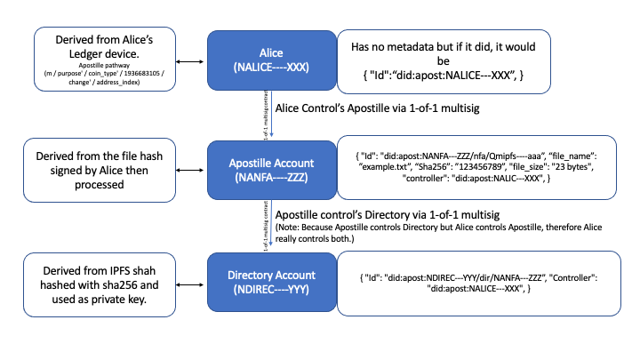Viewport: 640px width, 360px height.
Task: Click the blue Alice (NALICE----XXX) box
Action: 264,59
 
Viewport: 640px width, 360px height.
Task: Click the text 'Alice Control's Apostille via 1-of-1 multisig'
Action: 375,108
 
